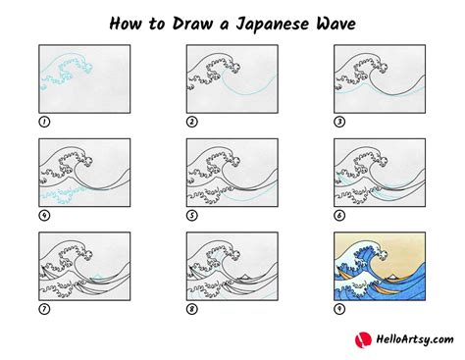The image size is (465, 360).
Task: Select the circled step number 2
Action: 193,123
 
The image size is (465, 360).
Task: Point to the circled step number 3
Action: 339,123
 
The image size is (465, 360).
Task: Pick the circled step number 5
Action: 193,216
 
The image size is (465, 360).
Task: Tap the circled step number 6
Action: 339,216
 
